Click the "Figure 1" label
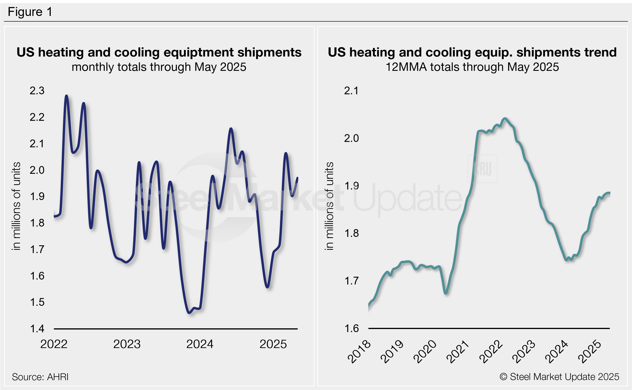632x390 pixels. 30,12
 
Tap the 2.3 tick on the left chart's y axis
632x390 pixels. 37,91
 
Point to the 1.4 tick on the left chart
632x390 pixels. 37,329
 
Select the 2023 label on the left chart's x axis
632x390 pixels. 127,344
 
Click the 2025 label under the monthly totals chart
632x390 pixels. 273,344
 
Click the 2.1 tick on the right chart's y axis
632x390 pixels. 351,91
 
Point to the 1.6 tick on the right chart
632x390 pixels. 351,328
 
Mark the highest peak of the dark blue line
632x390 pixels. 66,96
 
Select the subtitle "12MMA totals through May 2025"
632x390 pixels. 472,67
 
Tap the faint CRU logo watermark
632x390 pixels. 482,169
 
